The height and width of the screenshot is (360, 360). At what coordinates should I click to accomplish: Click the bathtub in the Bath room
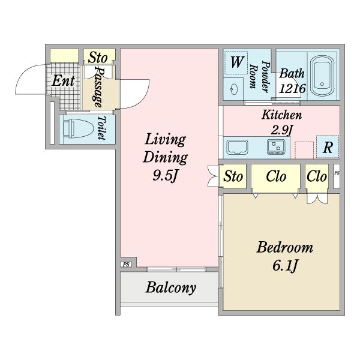click(322, 75)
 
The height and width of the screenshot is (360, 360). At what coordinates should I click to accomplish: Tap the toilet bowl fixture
click(78, 128)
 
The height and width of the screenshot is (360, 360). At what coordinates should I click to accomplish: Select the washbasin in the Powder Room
click(235, 89)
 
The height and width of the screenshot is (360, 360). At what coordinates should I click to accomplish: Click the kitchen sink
click(237, 147)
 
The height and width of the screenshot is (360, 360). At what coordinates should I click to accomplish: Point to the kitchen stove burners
click(276, 147)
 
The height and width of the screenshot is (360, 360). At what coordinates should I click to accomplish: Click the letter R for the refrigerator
click(328, 148)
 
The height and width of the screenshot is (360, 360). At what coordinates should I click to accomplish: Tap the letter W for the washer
click(236, 62)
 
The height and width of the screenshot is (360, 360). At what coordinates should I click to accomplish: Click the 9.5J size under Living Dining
click(165, 176)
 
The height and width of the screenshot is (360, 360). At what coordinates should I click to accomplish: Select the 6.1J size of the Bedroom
click(285, 265)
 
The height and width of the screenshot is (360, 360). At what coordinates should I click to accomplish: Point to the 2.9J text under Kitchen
click(281, 130)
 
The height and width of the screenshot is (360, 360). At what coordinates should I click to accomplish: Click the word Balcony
click(171, 287)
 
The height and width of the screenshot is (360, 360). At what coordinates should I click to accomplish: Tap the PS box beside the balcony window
click(126, 265)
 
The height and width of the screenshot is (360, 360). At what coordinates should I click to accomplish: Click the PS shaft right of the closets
click(337, 176)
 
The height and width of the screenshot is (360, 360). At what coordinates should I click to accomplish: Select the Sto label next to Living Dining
click(233, 176)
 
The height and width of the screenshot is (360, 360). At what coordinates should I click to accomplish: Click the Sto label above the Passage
click(98, 58)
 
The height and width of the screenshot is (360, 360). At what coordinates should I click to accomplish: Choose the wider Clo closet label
click(276, 176)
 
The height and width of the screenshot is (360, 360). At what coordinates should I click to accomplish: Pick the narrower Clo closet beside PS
click(317, 176)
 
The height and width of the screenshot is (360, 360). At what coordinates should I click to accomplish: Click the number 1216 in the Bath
click(292, 88)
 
